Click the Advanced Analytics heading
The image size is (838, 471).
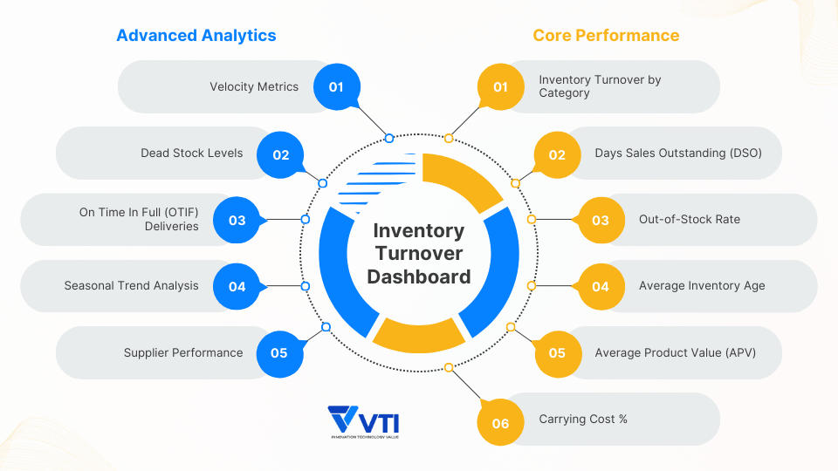click(196, 36)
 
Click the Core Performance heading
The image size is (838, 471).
click(606, 36)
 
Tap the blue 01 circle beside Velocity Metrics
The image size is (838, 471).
click(337, 87)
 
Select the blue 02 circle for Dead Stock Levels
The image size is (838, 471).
click(280, 154)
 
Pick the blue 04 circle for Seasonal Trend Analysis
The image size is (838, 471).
click(237, 286)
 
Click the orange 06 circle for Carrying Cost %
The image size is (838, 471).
click(500, 423)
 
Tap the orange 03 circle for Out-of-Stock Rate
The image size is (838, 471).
click(601, 220)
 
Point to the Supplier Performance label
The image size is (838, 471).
click(183, 353)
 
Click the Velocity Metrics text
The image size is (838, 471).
click(254, 87)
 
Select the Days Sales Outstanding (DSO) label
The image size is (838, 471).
click(678, 154)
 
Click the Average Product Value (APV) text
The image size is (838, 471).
click(676, 353)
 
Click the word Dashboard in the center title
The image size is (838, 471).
click(419, 277)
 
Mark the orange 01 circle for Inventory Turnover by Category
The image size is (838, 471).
click(500, 87)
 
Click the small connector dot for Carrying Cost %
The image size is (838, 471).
click(449, 368)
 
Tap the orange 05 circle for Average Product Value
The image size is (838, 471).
click(557, 353)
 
